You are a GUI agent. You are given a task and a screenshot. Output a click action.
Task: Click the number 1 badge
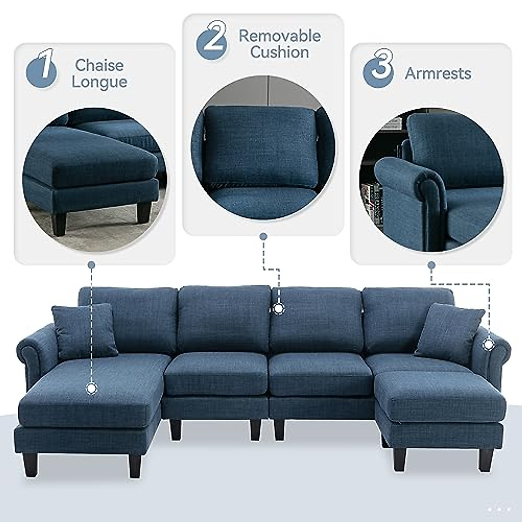pos(42,70)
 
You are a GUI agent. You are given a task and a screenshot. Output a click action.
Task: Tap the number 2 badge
pos(212,41)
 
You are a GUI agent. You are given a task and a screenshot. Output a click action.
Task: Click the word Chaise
pos(100,65)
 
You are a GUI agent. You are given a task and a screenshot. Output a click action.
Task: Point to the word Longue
pos(100,82)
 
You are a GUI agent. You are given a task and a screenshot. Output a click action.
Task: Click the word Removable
pos(280,36)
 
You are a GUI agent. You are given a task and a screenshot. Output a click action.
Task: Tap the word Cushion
pos(280,52)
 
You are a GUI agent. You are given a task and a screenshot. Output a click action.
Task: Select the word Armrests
pos(438,73)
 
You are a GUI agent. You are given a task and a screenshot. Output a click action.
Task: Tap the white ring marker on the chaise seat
pos(91,388)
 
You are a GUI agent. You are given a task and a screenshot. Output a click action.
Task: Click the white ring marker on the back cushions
pos(278,308)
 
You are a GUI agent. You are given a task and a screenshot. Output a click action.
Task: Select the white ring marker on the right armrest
pos(489,344)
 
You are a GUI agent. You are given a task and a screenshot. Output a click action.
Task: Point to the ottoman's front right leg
pos(486,459)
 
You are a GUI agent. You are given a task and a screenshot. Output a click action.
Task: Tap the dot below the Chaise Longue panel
pos(91,264)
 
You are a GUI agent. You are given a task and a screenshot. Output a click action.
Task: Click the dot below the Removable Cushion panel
pos(263,237)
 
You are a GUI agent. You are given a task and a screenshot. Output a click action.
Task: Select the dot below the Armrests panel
pos(432,264)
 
